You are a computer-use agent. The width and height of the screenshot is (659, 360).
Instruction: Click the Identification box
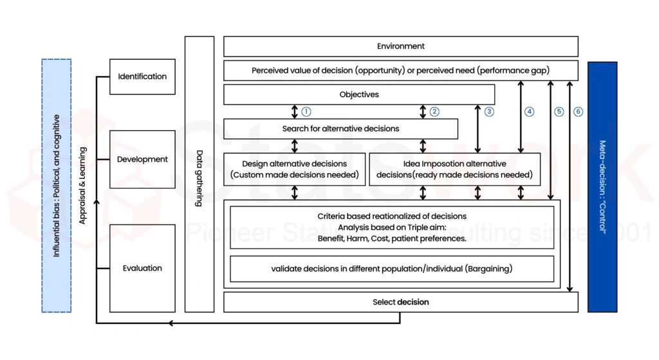(142, 76)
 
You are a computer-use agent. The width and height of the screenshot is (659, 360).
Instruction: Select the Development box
(142, 159)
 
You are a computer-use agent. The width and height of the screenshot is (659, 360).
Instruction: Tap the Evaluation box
(142, 268)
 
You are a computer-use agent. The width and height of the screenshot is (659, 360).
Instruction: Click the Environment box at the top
(400, 46)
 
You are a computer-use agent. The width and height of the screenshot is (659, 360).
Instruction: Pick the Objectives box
(358, 95)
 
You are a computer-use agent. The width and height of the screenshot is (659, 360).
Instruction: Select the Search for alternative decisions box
(340, 129)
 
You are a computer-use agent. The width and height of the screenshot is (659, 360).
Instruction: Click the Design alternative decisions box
(294, 169)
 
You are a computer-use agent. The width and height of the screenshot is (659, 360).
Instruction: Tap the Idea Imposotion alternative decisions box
(454, 169)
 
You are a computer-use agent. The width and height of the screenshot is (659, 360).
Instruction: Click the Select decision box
(400, 302)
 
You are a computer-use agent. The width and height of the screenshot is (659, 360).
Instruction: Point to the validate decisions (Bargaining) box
(391, 269)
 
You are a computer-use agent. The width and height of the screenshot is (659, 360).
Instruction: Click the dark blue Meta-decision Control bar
(602, 187)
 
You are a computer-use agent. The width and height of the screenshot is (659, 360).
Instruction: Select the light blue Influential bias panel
(57, 185)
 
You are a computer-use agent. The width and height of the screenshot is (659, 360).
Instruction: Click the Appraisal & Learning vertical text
(82, 185)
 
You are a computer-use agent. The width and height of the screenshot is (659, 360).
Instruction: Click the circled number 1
(306, 111)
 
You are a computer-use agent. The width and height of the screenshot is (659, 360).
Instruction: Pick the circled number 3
(489, 111)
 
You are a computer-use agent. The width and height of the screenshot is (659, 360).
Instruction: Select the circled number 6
(578, 111)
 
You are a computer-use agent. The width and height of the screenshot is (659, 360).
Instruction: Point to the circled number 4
(530, 111)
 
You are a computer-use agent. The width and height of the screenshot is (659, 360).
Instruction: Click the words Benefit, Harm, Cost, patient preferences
(391, 238)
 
